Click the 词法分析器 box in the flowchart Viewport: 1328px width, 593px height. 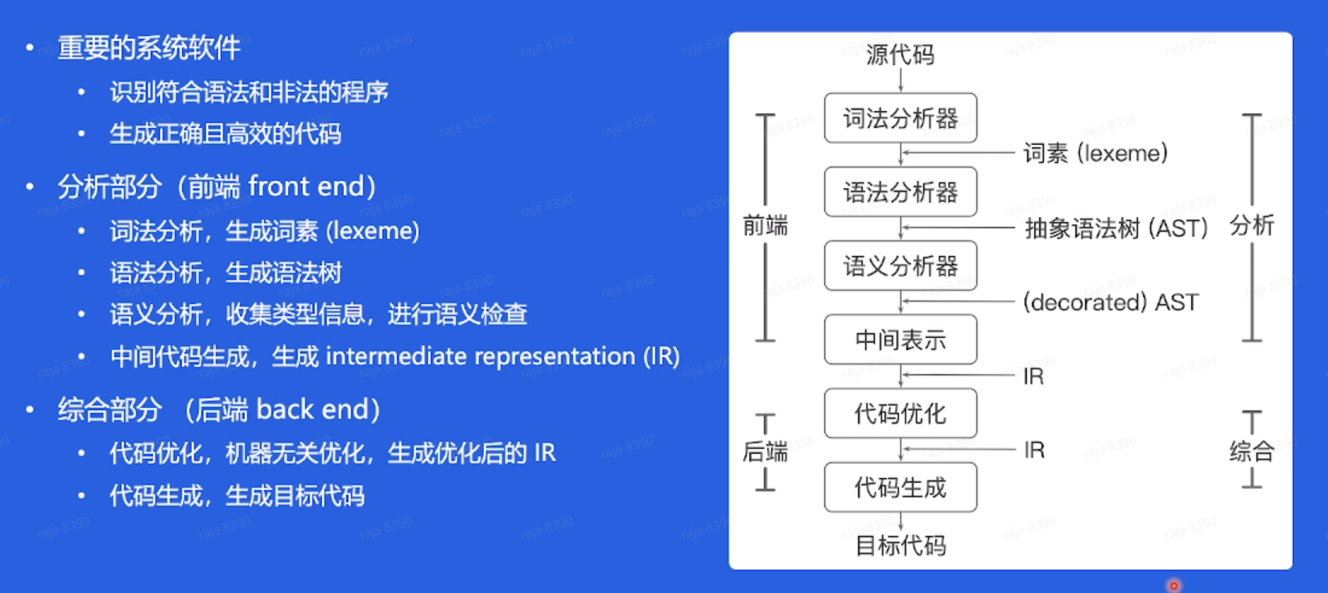point(900,118)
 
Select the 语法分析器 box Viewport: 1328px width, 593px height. point(900,192)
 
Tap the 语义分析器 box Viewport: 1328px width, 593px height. point(900,266)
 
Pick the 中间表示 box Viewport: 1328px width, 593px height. point(900,340)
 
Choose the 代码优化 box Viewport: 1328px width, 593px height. point(900,414)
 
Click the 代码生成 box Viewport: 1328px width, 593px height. point(900,488)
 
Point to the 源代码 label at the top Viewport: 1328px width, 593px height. point(900,55)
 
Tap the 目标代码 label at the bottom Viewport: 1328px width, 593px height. point(900,546)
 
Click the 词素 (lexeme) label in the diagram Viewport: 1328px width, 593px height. point(1095,153)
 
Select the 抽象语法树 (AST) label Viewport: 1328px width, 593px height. point(1116,229)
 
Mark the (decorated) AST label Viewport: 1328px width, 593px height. point(1110,303)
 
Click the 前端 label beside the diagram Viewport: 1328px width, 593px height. point(765,225)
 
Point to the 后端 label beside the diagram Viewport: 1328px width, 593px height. point(765,451)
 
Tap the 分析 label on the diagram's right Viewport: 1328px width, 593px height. point(1252,225)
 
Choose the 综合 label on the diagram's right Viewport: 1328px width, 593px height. point(1252,451)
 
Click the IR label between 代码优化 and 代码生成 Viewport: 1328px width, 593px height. point(1034,450)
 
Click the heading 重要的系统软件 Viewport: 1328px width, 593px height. point(149,48)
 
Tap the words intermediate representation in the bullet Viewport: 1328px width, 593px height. point(480,356)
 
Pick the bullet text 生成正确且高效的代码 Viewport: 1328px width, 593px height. point(225,134)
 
